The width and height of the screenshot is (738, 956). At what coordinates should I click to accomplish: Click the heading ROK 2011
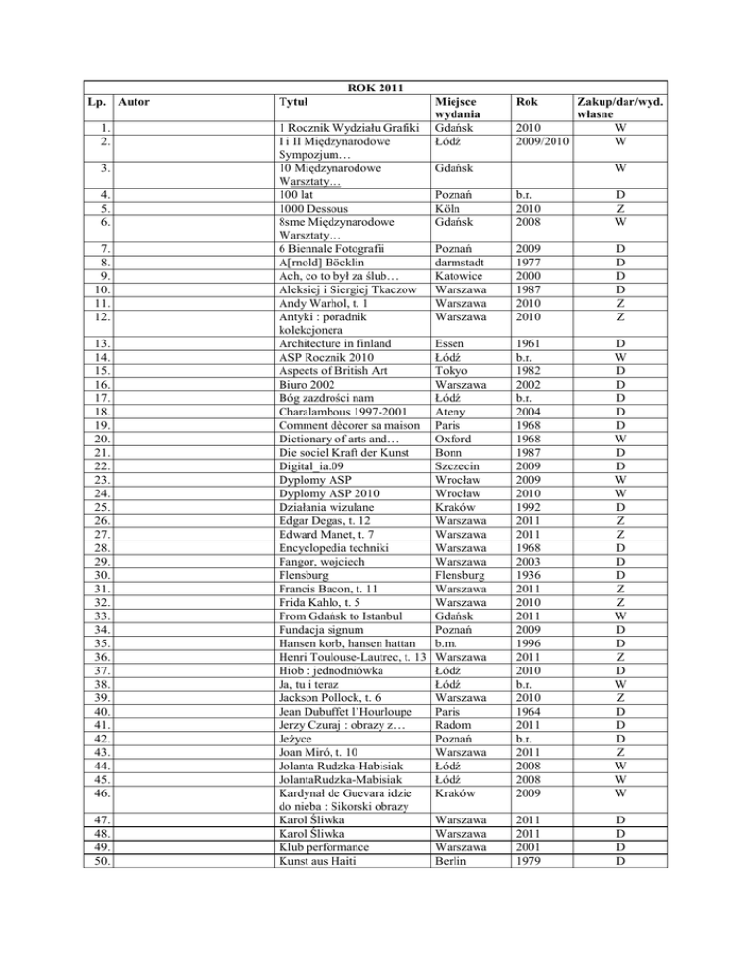coord(370,89)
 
